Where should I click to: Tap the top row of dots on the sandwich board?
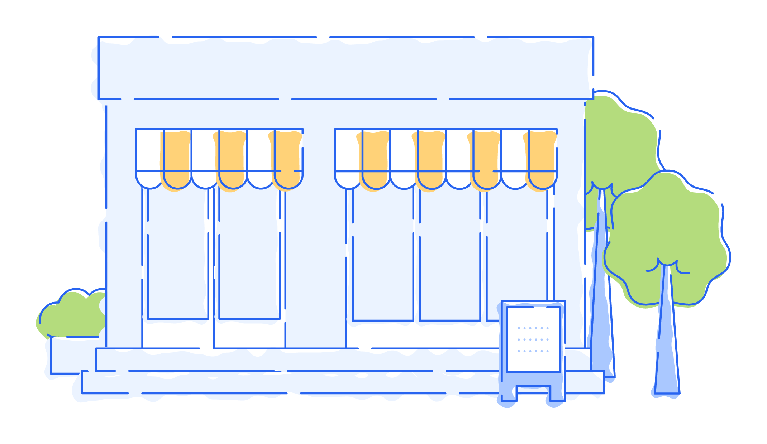point(533,328)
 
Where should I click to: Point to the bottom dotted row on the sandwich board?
point(533,351)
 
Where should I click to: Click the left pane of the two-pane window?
point(178,258)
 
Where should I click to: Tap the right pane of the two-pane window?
point(249,258)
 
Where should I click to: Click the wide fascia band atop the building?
point(346,68)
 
